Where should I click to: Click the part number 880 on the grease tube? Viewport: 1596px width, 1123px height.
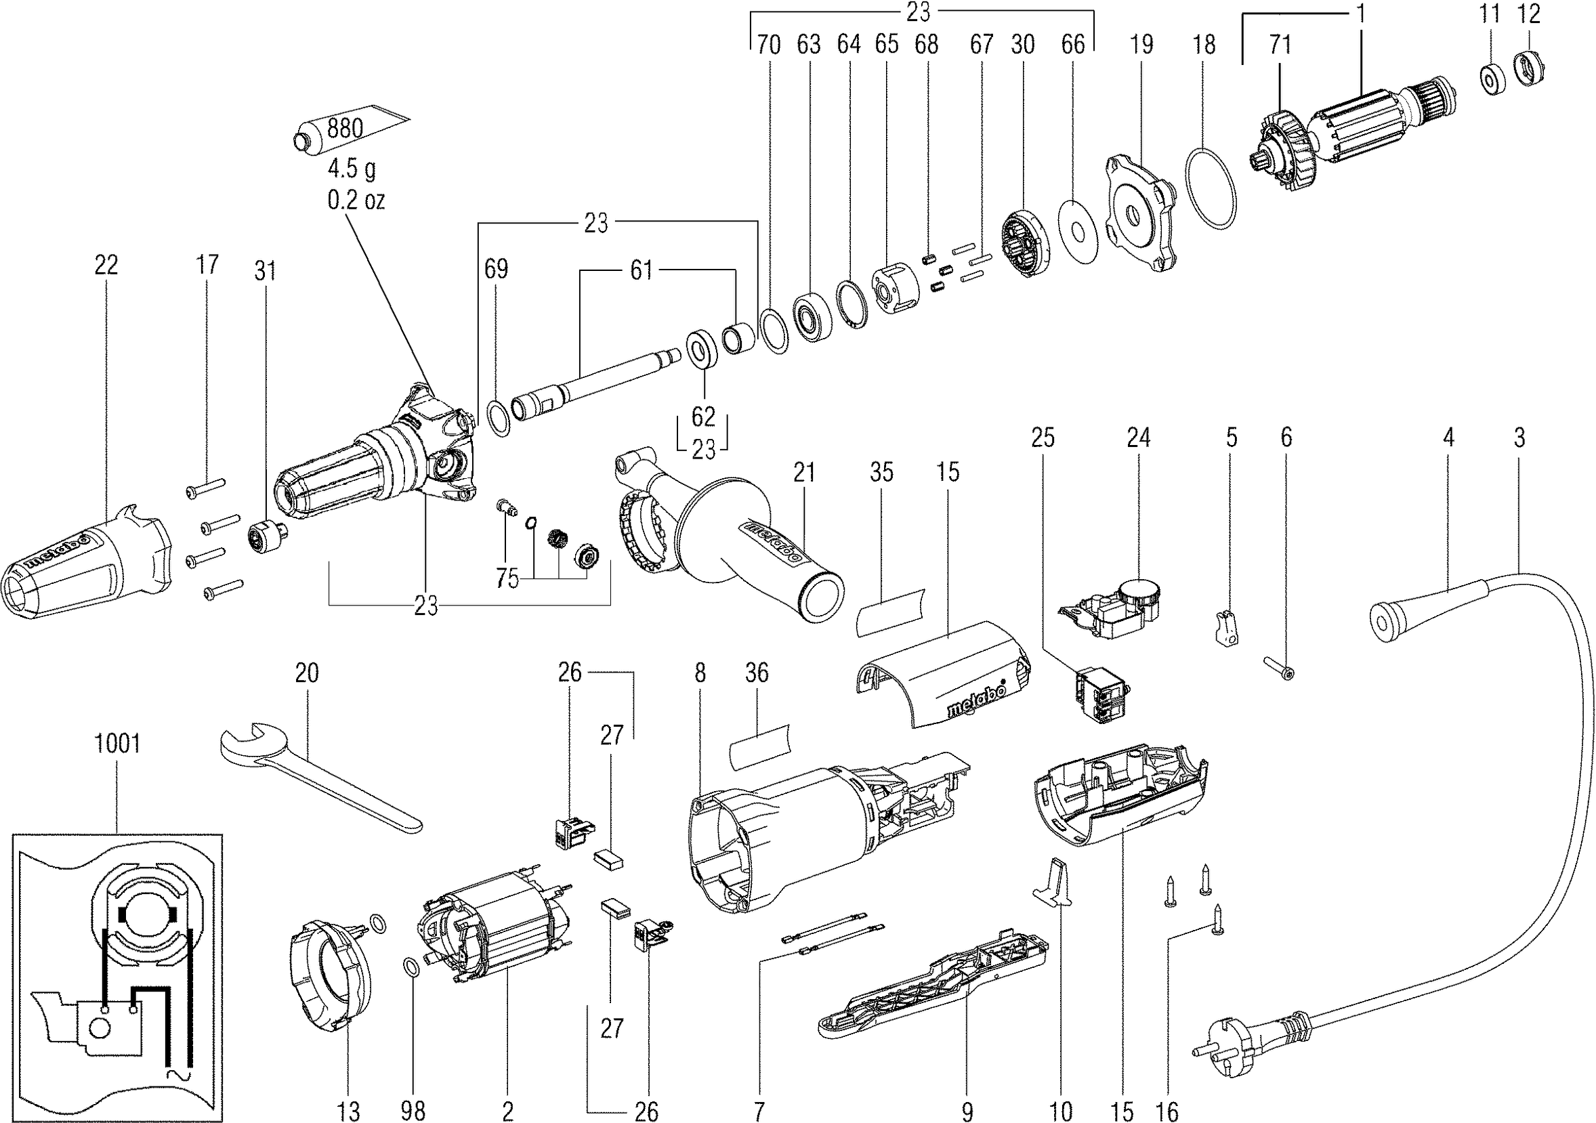click(345, 128)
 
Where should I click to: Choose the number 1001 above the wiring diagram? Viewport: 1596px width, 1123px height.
click(117, 744)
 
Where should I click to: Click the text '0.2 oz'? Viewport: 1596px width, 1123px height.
click(356, 200)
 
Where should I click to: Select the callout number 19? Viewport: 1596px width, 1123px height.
click(1141, 45)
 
